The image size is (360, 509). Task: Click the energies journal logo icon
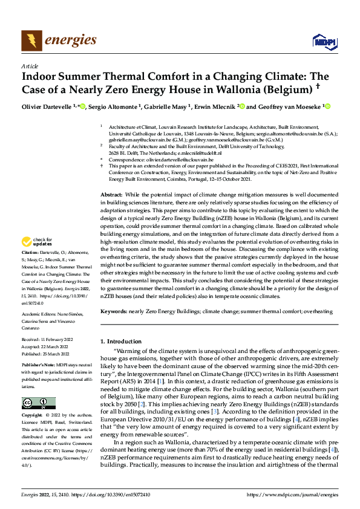(x=30, y=41)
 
